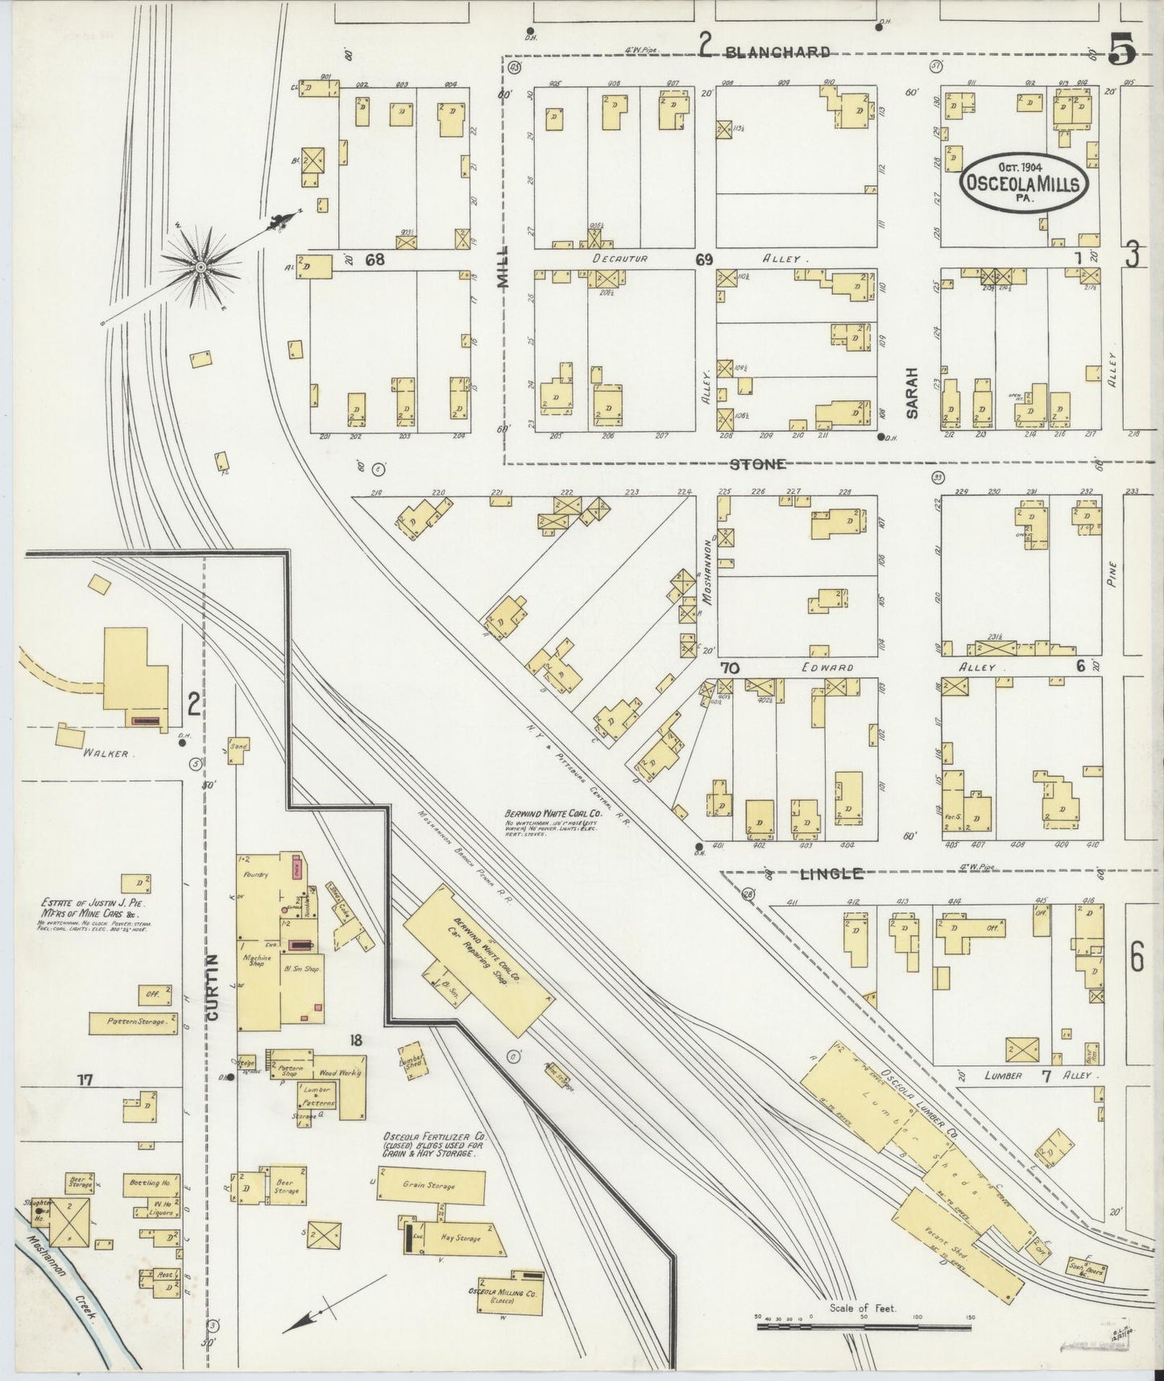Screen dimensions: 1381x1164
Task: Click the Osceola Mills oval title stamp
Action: click(1024, 184)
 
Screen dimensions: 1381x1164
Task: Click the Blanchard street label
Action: click(777, 52)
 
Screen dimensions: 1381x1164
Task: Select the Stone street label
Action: click(757, 464)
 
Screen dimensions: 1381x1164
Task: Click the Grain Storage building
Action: click(432, 1186)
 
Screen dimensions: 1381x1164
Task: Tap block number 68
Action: click(375, 259)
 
